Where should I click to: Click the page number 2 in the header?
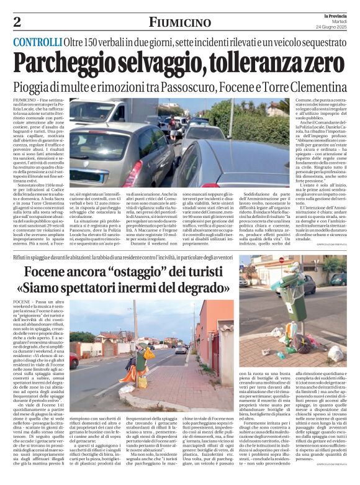(x=17, y=22)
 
